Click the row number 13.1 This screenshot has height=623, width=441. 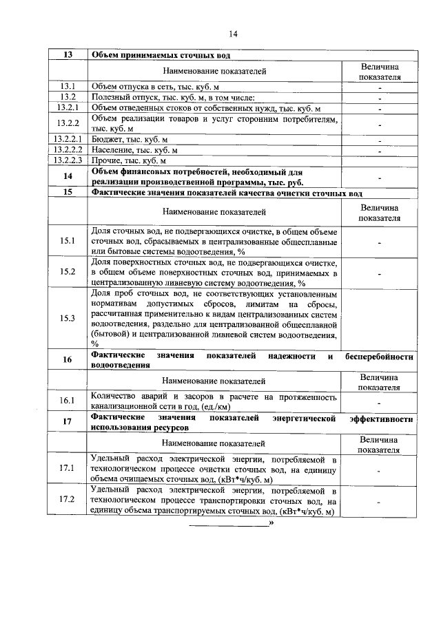point(68,87)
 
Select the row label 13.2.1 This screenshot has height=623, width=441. point(68,108)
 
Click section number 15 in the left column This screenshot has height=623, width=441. point(68,193)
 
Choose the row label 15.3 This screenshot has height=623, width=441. point(68,318)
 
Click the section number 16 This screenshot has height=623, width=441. point(68,361)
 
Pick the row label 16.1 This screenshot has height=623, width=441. point(68,401)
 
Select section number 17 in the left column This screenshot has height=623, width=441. point(68,423)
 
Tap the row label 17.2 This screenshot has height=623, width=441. point(68,500)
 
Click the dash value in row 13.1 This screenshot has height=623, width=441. point(380,87)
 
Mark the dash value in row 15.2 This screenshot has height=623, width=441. point(380,273)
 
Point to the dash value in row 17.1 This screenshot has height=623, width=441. point(380,470)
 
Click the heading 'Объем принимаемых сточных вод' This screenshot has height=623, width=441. point(161,55)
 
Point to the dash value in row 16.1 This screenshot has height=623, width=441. point(380,402)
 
